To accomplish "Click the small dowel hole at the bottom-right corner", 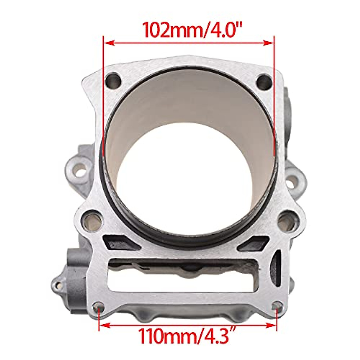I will click(277, 307).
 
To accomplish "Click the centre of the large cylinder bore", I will click(189, 156).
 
